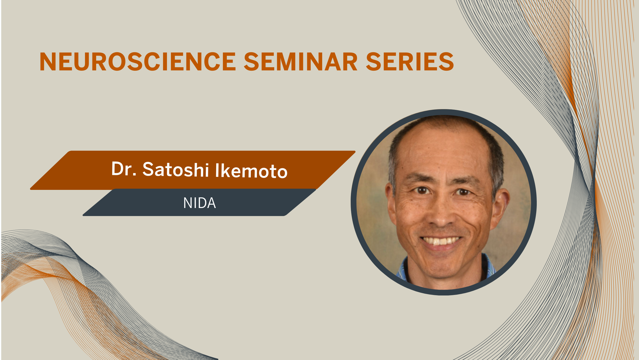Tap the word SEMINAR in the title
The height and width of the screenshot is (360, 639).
click(301, 62)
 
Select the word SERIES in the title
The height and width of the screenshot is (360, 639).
click(410, 62)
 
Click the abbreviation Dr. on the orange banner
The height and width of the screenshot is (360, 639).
click(124, 169)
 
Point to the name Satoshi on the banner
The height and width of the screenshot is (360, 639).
click(175, 169)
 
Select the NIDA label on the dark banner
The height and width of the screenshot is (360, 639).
click(199, 203)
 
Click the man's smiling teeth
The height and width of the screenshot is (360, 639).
click(441, 241)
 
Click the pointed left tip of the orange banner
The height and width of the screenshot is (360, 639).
click(31, 189)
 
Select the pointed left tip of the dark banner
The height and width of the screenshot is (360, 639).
click(83, 215)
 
